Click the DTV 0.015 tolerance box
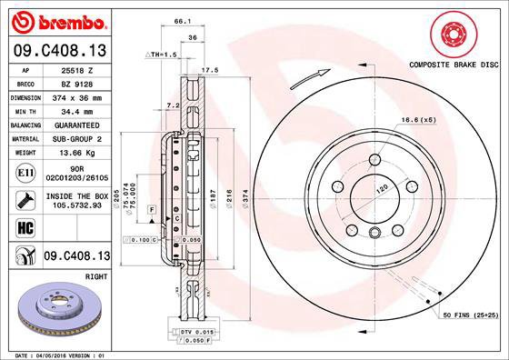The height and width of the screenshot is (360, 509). point(196,332)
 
